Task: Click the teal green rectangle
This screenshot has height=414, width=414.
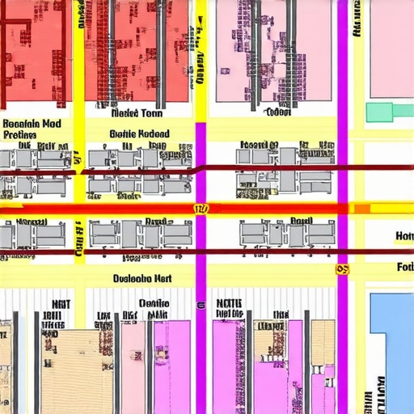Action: pyautogui.click(x=389, y=112)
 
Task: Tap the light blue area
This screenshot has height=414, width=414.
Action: pyautogui.click(x=392, y=340)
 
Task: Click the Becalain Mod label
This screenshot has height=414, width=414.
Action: pyautogui.click(x=32, y=124)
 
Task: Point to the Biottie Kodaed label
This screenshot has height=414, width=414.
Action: pyautogui.click(x=139, y=133)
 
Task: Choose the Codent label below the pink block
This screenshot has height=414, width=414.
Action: pyautogui.click(x=277, y=113)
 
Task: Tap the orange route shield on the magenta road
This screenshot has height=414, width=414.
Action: pyautogui.click(x=343, y=269)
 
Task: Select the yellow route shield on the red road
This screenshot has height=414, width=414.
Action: pyautogui.click(x=201, y=209)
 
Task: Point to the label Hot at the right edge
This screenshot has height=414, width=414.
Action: pyautogui.click(x=404, y=236)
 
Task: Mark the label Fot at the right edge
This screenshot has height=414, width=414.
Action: pyautogui.click(x=405, y=267)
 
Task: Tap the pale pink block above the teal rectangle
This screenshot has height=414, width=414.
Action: pyautogui.click(x=391, y=49)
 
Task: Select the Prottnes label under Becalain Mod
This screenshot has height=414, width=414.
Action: pyautogui.click(x=20, y=134)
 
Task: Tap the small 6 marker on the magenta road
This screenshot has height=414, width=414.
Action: pyautogui.click(x=200, y=306)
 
